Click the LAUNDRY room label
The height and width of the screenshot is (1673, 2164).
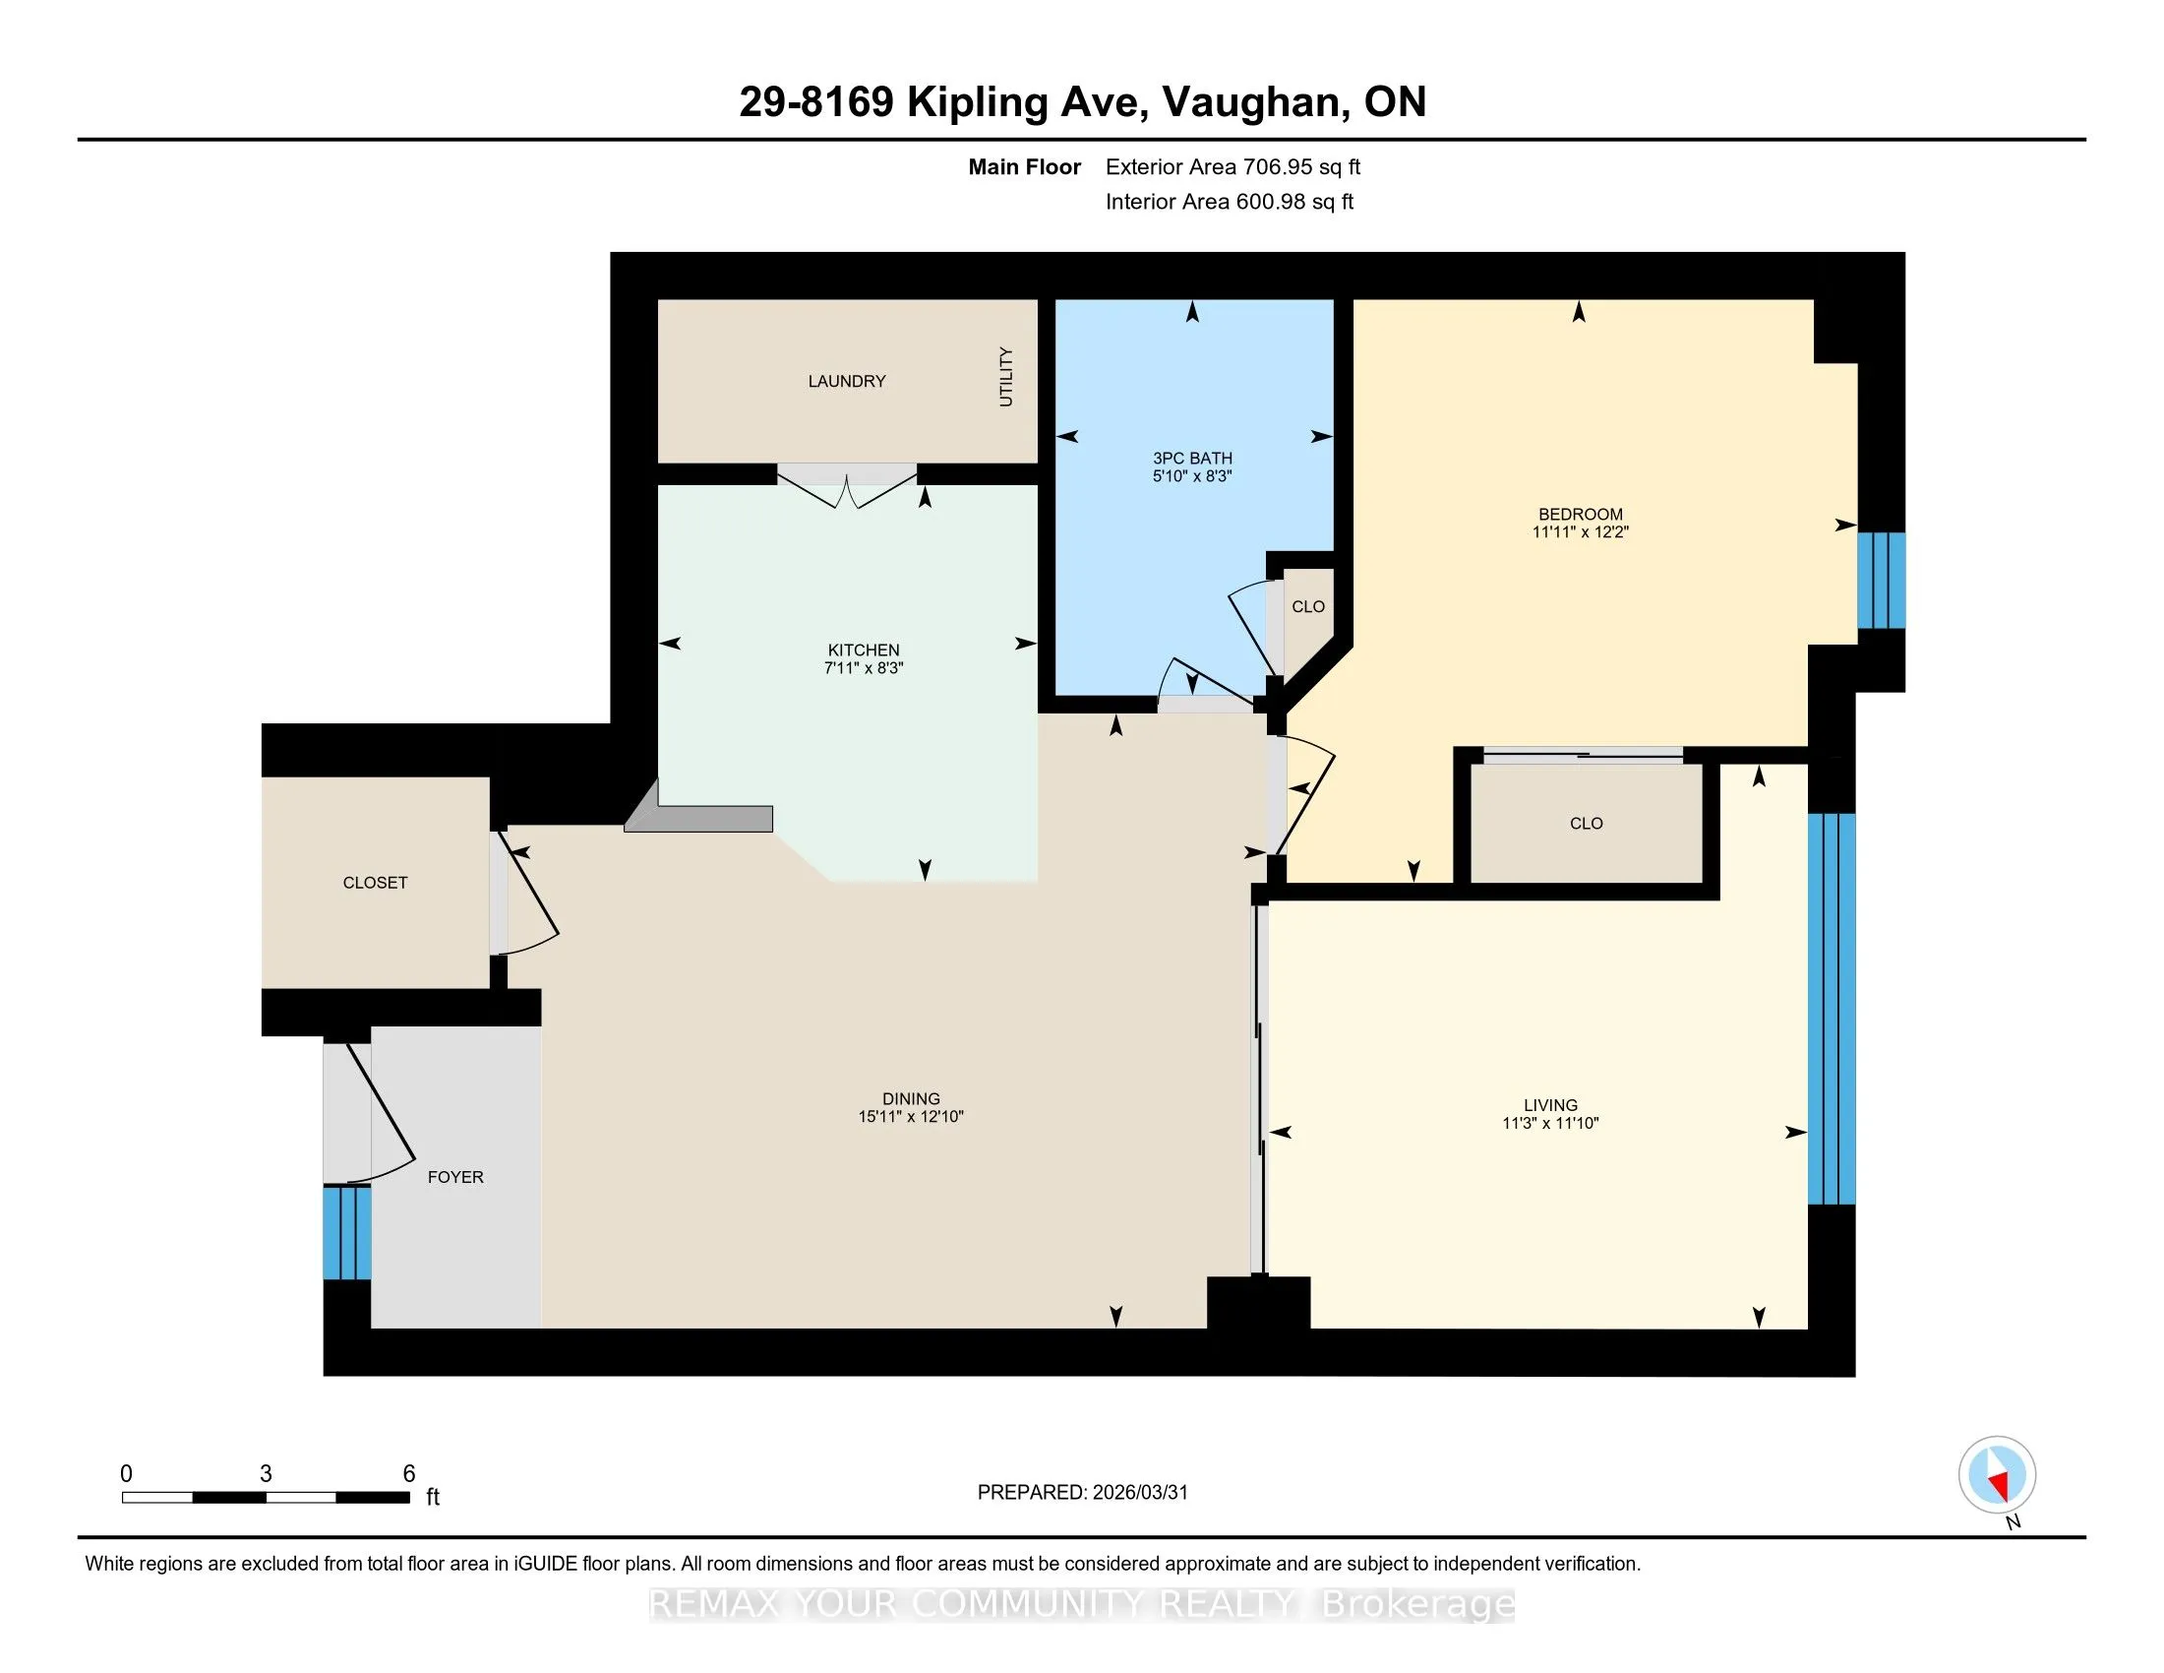(x=846, y=381)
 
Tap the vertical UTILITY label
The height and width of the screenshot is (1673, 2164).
(x=1005, y=377)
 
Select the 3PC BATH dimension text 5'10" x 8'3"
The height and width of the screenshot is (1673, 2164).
(x=1192, y=475)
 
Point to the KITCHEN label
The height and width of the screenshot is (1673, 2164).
(x=863, y=651)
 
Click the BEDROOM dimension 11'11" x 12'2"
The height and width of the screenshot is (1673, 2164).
(x=1581, y=531)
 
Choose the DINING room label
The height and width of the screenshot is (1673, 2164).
(x=911, y=1098)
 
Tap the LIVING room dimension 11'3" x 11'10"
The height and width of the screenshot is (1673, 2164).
(x=1550, y=1123)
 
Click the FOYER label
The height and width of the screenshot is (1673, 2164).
(x=454, y=1176)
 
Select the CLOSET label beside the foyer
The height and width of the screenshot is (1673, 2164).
(x=375, y=882)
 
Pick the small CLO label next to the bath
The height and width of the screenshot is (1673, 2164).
(x=1308, y=606)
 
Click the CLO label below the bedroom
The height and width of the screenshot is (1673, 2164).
(x=1587, y=823)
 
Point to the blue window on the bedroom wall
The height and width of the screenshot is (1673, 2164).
(x=1881, y=581)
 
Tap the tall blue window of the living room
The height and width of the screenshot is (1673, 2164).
(x=1832, y=1009)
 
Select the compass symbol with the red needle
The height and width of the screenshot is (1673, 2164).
(x=1998, y=1475)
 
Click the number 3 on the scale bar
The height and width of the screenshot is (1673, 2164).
(x=266, y=1474)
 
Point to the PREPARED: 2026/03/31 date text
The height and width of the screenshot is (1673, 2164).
(x=1082, y=1493)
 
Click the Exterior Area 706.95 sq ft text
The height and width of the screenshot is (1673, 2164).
(x=1232, y=167)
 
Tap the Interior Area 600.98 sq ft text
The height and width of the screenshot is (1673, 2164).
(x=1230, y=202)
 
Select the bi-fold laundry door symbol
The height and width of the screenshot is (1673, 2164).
(x=847, y=485)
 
